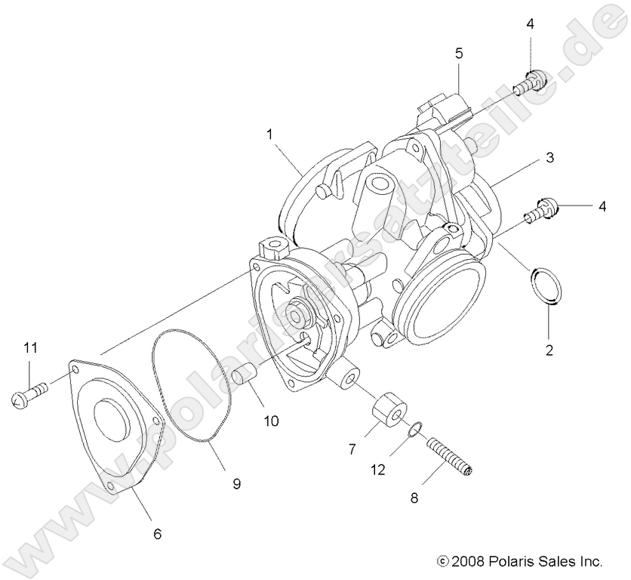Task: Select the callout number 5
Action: [x=459, y=54]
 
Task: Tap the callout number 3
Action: [x=550, y=158]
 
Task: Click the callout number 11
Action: [x=29, y=348]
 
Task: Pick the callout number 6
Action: [x=158, y=534]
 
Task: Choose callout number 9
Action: [x=236, y=484]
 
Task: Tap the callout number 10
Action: [x=271, y=421]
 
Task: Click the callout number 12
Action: [x=377, y=470]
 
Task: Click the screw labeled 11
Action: [x=30, y=394]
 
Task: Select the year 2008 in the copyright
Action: [x=466, y=562]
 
